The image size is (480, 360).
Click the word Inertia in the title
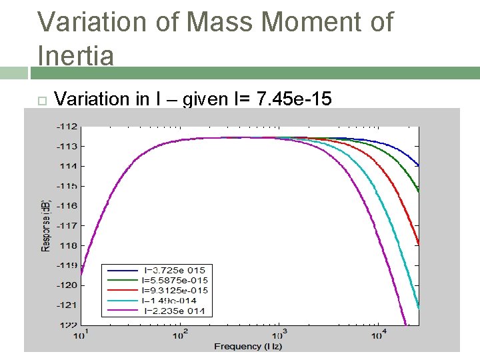coord(75,55)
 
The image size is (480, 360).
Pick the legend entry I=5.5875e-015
coord(175,280)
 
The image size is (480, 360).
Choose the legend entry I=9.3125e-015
coord(175,290)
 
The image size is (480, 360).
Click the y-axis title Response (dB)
coord(45,225)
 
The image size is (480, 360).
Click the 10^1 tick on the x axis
coord(80,334)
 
